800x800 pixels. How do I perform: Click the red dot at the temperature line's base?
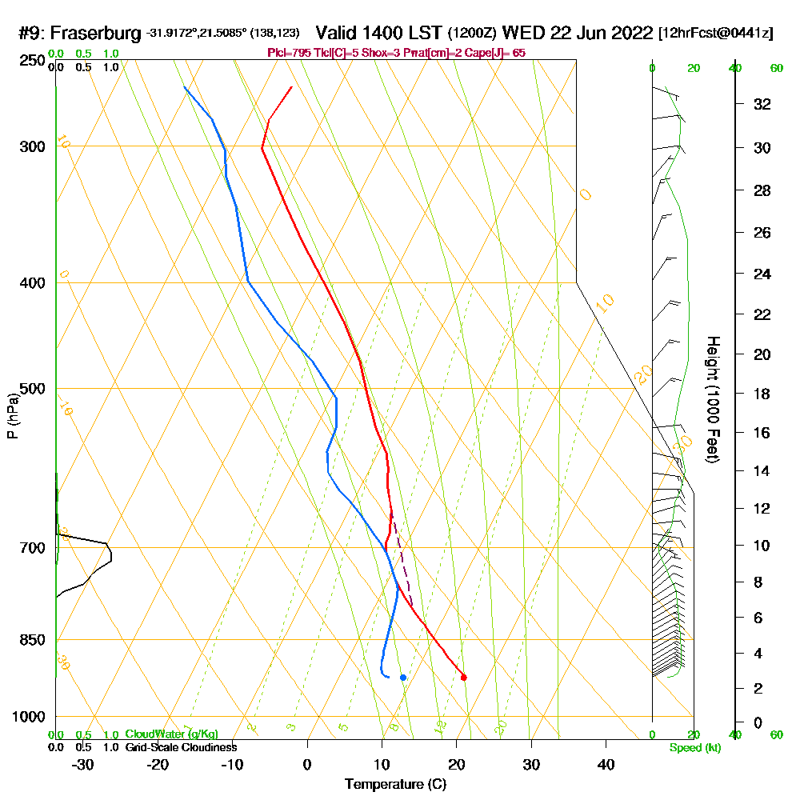(x=464, y=678)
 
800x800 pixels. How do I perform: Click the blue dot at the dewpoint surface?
(x=403, y=678)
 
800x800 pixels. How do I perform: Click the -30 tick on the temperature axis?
(x=83, y=764)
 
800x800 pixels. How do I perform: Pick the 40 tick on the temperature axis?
(x=606, y=764)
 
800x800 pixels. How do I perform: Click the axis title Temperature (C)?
(x=395, y=785)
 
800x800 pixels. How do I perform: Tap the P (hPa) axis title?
(x=12, y=416)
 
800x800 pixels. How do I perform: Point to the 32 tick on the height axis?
(x=762, y=104)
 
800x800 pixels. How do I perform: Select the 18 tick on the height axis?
(x=762, y=394)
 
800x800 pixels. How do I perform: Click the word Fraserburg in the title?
(x=97, y=34)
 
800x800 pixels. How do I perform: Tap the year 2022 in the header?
(x=631, y=34)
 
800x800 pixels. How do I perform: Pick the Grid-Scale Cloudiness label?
(x=180, y=747)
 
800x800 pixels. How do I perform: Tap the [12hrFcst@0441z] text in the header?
(x=715, y=34)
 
